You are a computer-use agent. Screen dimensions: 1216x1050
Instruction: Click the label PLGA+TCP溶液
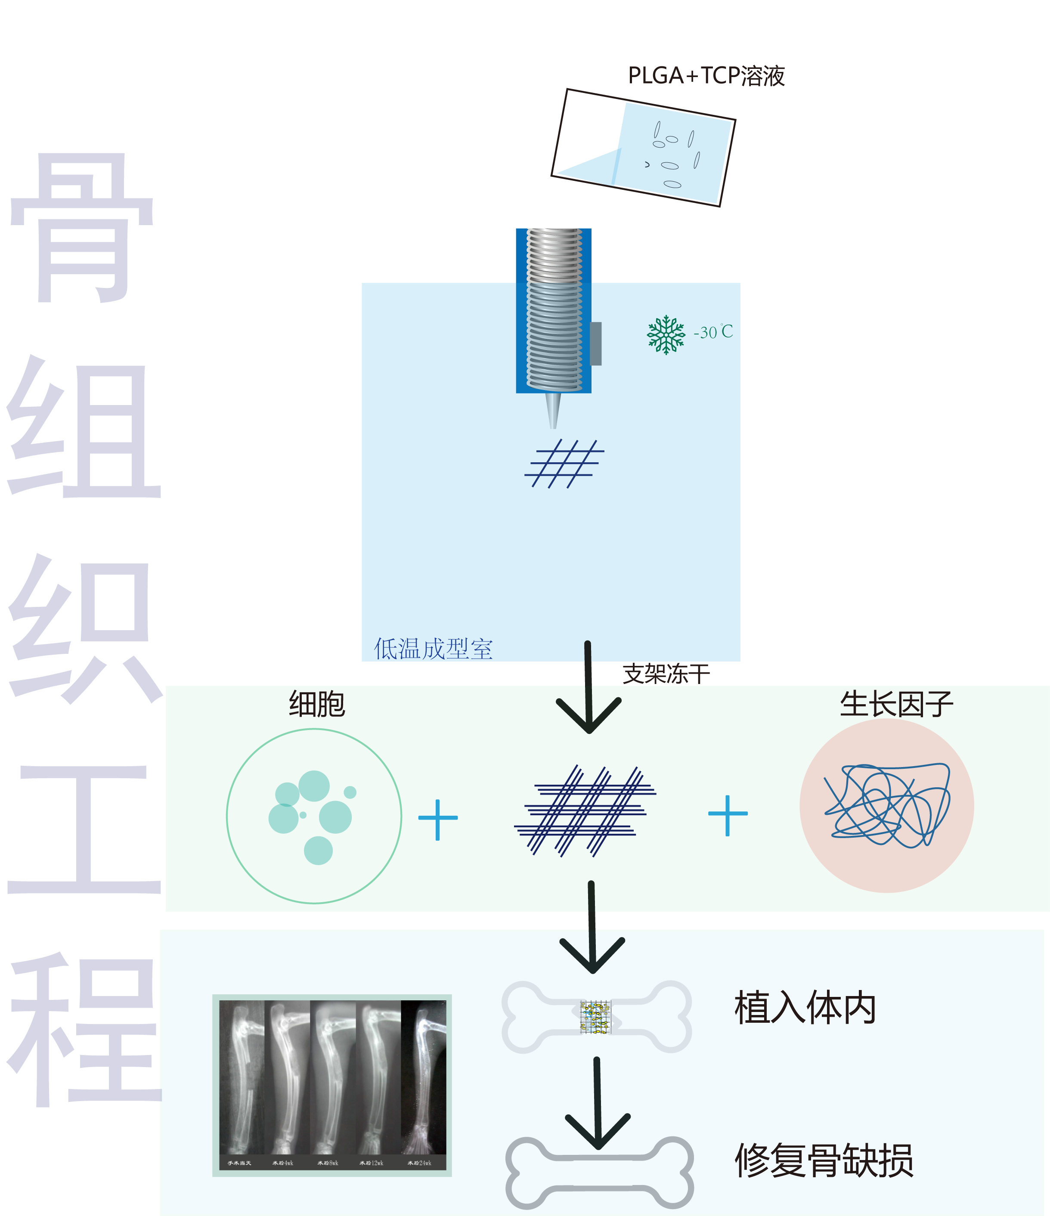pos(706,76)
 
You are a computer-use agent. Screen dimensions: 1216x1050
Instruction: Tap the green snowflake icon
pos(666,335)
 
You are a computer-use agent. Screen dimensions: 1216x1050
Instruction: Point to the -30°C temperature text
pos(713,332)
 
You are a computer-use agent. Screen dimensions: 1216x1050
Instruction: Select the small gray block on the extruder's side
pos(596,343)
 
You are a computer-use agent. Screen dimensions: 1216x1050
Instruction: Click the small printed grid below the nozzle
pos(564,464)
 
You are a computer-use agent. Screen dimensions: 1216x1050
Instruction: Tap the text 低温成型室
pos(433,649)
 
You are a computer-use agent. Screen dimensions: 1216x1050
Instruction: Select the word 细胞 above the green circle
pos(317,704)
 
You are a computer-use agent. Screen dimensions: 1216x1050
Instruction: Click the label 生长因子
pos(896,704)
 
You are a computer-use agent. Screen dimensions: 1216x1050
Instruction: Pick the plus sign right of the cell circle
pos(438,819)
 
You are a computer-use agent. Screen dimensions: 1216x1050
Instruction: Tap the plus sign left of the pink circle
pos(728,815)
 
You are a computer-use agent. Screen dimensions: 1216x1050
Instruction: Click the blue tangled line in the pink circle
pos(886,804)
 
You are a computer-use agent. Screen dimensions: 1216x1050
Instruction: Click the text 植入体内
pos(805,1008)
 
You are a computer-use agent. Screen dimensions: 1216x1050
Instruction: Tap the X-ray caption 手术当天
pos(239,1163)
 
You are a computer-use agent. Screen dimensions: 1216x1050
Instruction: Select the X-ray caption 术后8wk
pos(328,1163)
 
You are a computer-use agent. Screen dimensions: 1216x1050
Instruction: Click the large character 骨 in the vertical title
pos(82,229)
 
